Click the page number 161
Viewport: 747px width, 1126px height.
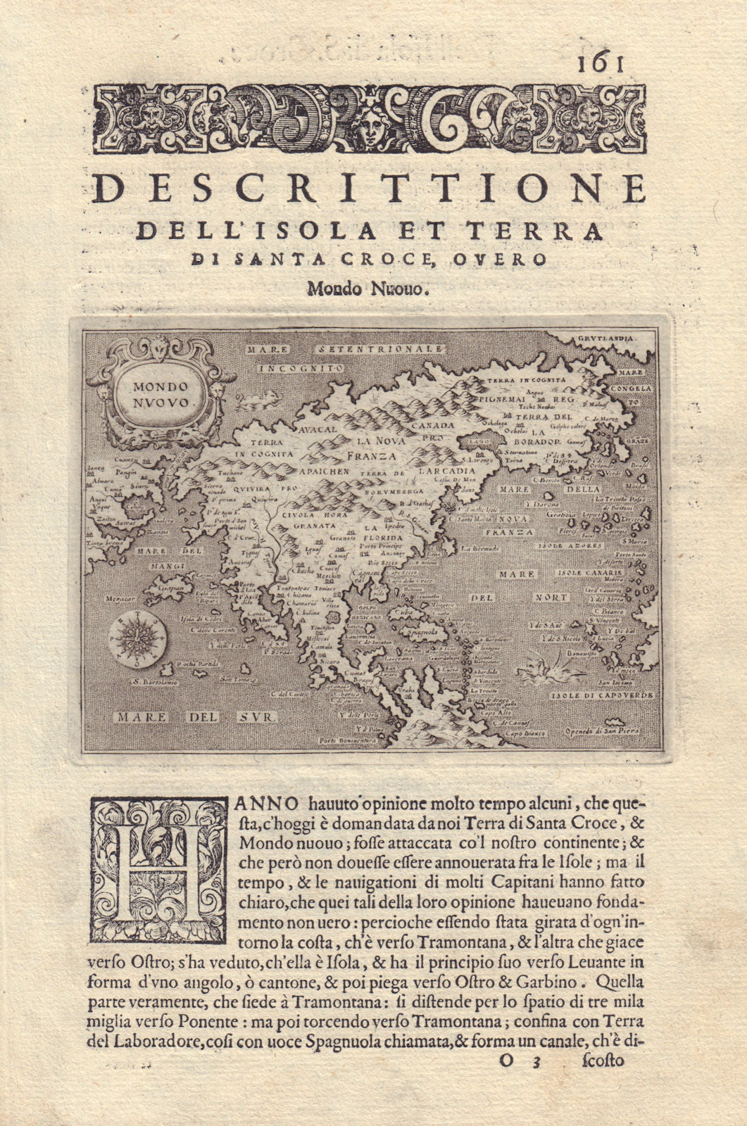pos(600,64)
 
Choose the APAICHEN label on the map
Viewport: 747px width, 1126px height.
pos(323,472)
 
